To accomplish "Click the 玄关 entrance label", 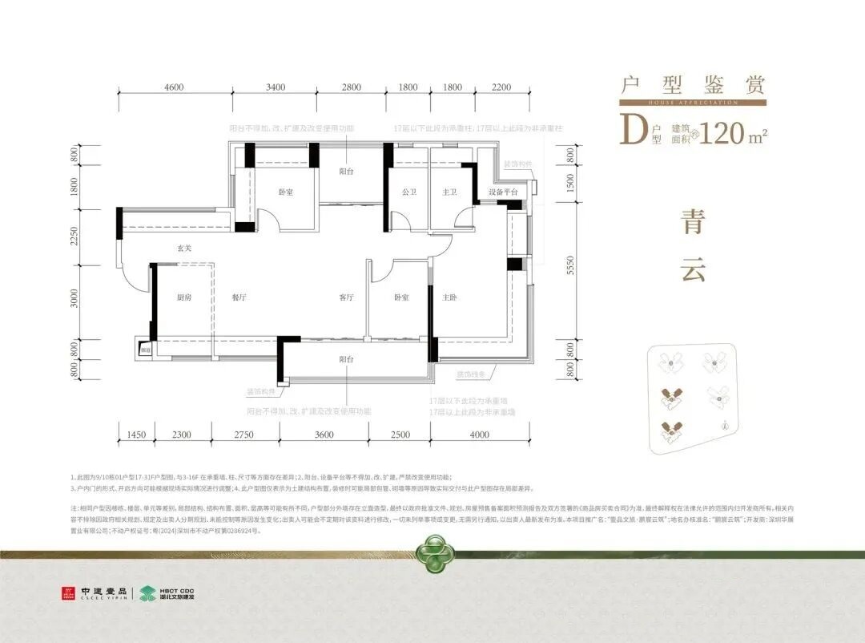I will coord(184,249).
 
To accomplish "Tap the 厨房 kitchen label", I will coord(184,297).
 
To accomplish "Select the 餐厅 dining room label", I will coord(238,297).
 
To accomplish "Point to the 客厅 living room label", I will coord(346,297).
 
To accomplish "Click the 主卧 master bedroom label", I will coord(449,297).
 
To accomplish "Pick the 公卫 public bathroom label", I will coord(409,192).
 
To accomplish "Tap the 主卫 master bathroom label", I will coord(449,192).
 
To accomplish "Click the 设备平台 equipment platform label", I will coord(503,192).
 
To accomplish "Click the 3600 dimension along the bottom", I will coord(324,435).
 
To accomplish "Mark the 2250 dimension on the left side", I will coord(74,237).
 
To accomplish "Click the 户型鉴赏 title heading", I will coord(693,85).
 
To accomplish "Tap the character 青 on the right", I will coord(692,222).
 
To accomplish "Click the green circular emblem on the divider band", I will coord(432,553).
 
